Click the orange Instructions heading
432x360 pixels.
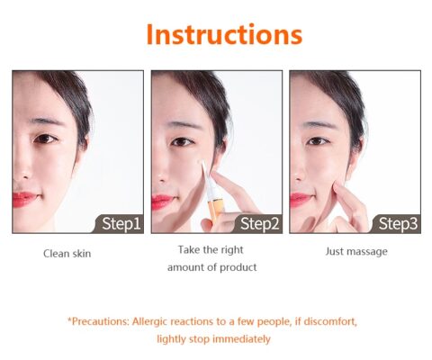[x=224, y=34]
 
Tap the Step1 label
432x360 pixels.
[x=121, y=223]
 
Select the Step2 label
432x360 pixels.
[x=260, y=223]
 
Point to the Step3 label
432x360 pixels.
[x=398, y=223]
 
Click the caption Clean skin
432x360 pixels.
[x=67, y=254]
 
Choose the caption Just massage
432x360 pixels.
[x=356, y=251]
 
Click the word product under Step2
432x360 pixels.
[x=238, y=267]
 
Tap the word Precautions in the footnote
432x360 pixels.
[x=99, y=321]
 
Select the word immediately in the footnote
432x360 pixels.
[x=241, y=339]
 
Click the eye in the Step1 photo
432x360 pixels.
[x=45, y=139]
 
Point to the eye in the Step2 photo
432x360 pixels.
[x=182, y=141]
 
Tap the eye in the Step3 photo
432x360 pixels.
[x=319, y=140]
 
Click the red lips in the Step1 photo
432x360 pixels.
[x=24, y=198]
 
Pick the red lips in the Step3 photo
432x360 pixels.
[x=301, y=199]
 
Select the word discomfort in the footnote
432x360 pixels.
[x=330, y=321]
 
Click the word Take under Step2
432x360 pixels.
[x=189, y=249]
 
